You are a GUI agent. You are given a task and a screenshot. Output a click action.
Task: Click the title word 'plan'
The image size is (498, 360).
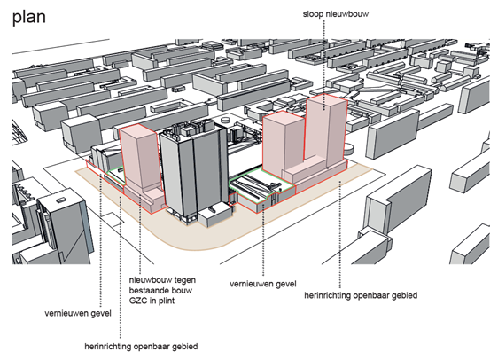click(x=29, y=17)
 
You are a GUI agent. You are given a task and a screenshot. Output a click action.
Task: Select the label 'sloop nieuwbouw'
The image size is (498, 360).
click(x=336, y=14)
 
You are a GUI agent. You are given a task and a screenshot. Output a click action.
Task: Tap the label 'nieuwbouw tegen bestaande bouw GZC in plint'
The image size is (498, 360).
click(x=162, y=290)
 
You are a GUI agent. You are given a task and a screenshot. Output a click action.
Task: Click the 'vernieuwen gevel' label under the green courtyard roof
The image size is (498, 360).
click(x=263, y=284)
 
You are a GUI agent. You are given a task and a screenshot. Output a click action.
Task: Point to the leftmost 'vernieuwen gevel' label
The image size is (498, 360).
click(x=78, y=313)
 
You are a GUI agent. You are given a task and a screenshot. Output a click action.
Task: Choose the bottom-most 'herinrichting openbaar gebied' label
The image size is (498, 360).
click(x=141, y=346)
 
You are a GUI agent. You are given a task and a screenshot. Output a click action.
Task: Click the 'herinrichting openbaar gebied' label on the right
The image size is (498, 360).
click(x=361, y=295)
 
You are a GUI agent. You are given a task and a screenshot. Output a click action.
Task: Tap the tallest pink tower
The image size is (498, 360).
click(x=325, y=130)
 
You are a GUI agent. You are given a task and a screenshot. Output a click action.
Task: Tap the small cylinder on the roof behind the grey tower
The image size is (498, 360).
click(x=226, y=120)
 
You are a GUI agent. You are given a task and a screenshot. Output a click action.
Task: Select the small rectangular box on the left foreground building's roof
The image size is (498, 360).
click(x=59, y=200)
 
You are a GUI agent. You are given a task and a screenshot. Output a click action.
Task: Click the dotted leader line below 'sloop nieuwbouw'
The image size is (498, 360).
click(x=323, y=65)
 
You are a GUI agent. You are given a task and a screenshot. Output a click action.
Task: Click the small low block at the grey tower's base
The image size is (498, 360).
click(x=215, y=216)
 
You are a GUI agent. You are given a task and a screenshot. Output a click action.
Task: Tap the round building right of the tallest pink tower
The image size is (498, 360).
click(x=349, y=148)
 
